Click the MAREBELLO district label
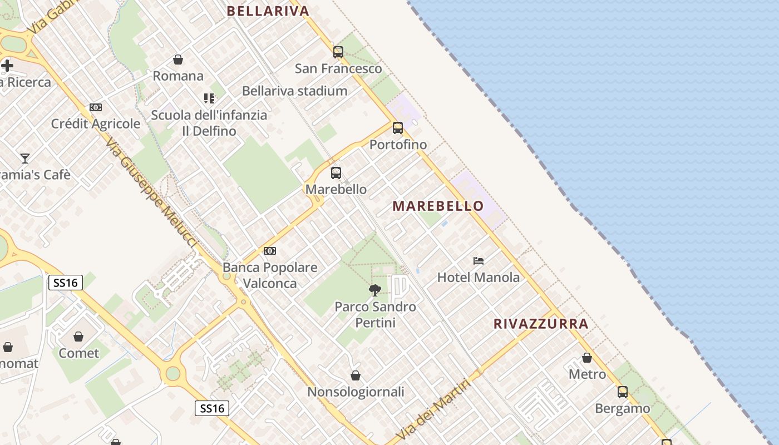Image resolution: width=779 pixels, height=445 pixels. point(438,206)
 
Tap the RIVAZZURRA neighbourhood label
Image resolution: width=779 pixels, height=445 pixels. point(541,324)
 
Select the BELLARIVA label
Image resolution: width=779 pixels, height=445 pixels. point(268,11)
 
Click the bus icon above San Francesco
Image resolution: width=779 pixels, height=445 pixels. point(338,52)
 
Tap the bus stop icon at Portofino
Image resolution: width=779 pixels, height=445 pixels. point(398,128)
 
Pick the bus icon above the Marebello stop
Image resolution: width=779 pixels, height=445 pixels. point(336,173)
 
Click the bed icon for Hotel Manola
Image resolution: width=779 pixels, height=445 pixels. point(479,260)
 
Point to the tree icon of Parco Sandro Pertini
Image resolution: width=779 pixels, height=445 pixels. point(375,290)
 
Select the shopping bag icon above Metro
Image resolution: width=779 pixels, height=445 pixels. point(587,358)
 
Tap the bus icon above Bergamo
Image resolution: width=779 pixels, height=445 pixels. point(623,392)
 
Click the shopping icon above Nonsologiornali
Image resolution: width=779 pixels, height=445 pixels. point(356,375)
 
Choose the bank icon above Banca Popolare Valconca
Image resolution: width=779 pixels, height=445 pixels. point(270,251)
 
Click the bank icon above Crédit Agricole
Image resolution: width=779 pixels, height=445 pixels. point(96,107)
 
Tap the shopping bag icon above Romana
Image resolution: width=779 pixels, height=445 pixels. point(178,59)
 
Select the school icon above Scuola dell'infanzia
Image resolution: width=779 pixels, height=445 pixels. point(209,98)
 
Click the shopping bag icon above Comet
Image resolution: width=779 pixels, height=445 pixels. point(78,337)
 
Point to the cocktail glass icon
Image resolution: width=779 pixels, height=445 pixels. point(25,159)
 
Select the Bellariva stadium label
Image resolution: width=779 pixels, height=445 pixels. point(294,91)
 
